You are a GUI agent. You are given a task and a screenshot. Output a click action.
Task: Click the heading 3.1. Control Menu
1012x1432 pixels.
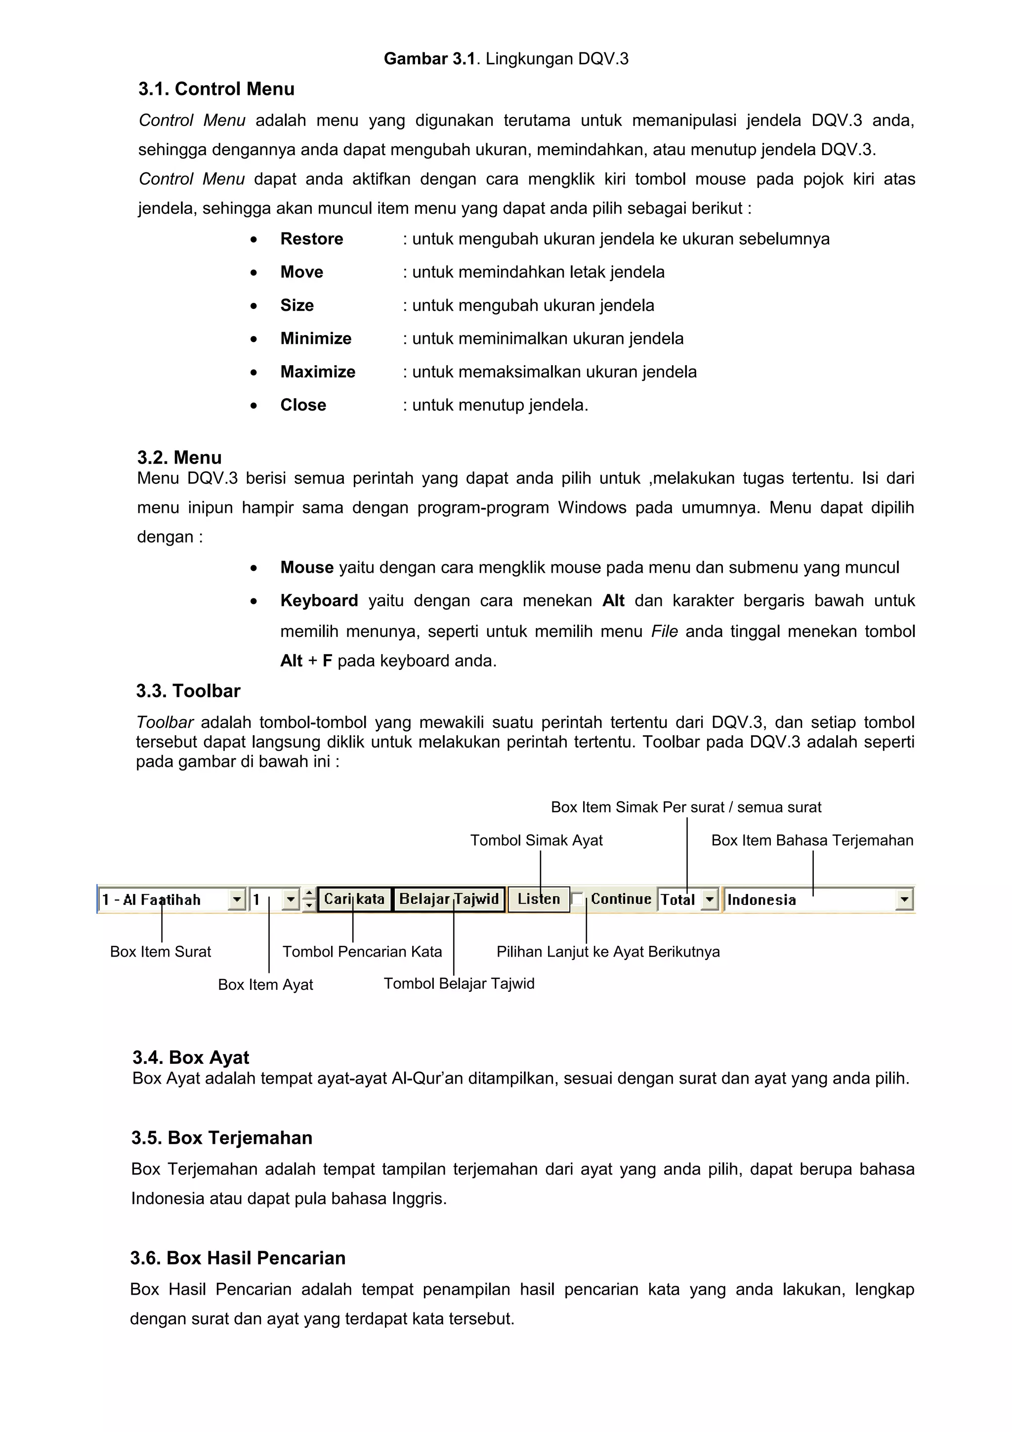coord(216,89)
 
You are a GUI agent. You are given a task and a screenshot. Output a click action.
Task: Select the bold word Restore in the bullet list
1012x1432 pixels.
coord(311,239)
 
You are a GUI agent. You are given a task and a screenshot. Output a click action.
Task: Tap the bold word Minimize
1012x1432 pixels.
coord(316,338)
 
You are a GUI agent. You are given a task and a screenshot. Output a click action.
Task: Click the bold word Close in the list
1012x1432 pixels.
coord(303,405)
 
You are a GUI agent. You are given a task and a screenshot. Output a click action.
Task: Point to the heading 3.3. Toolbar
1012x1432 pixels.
coord(188,691)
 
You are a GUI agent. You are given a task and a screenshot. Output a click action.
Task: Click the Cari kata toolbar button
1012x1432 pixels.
coord(354,899)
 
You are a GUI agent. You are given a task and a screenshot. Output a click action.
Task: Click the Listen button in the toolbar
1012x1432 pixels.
coord(539,899)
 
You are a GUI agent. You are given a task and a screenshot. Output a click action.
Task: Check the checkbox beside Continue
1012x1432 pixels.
coord(577,899)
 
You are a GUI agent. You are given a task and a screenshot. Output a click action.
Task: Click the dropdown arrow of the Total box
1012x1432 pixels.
coord(710,899)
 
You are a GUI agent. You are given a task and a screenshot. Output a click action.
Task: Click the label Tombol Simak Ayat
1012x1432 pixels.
coord(536,840)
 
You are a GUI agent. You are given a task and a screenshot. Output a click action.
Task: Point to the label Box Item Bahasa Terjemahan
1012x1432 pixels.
coord(812,840)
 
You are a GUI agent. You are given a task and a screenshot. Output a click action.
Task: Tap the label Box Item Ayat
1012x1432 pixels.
coord(266,984)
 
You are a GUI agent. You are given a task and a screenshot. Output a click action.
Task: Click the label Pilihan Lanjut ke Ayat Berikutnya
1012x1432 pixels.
coord(608,951)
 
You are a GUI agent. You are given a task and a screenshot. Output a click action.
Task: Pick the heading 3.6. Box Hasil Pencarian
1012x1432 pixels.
coord(238,1258)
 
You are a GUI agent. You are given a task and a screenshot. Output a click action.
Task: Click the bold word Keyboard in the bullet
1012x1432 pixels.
coord(319,600)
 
